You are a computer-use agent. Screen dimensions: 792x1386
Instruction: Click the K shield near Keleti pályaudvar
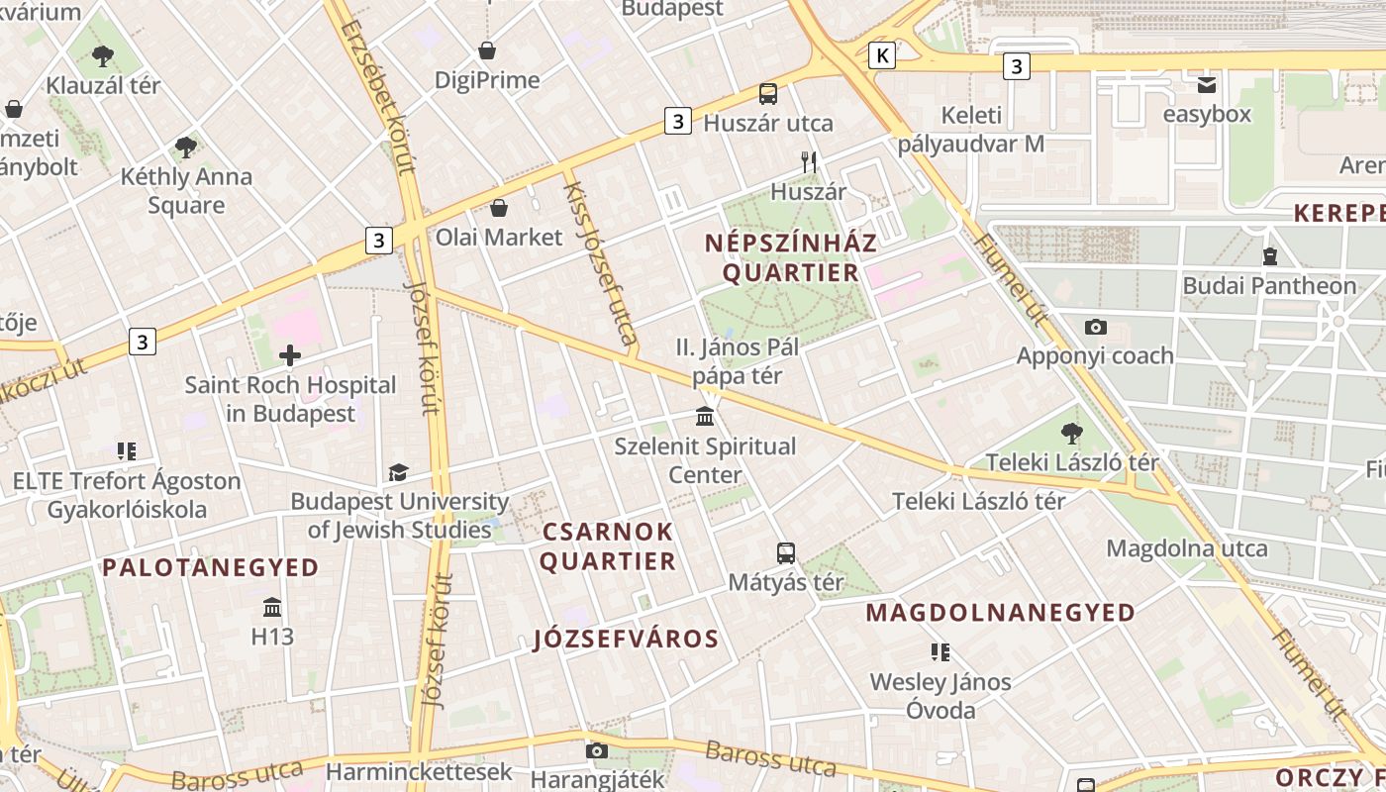tap(881, 55)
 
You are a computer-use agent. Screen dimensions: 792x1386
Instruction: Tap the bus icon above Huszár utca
tap(768, 94)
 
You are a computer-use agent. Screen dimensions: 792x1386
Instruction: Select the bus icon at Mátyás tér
tap(786, 553)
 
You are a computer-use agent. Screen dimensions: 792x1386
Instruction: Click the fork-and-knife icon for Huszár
tap(809, 161)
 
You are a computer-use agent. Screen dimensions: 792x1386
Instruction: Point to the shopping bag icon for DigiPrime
tap(487, 49)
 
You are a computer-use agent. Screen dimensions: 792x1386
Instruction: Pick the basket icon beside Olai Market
tap(500, 208)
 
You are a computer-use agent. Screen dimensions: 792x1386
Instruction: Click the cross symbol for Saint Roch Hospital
tap(290, 354)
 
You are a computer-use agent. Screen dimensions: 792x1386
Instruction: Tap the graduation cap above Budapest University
tap(398, 472)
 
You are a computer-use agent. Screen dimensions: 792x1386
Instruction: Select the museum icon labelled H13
tap(272, 607)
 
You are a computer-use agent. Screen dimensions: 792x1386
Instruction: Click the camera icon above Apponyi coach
tap(1095, 327)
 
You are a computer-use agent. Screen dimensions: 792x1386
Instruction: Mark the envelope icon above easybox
tap(1206, 85)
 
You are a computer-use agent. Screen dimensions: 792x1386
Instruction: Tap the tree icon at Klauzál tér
tap(102, 55)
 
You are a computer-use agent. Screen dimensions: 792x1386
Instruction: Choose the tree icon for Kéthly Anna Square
tap(185, 148)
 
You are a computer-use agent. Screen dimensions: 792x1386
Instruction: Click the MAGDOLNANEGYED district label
tap(1001, 613)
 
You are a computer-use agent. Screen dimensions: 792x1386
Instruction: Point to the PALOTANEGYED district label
tap(211, 567)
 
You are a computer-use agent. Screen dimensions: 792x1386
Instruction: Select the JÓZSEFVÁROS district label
tap(626, 639)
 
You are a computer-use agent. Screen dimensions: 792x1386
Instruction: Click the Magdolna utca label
tap(1186, 548)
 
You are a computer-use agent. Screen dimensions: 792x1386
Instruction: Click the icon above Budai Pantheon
tap(1270, 256)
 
